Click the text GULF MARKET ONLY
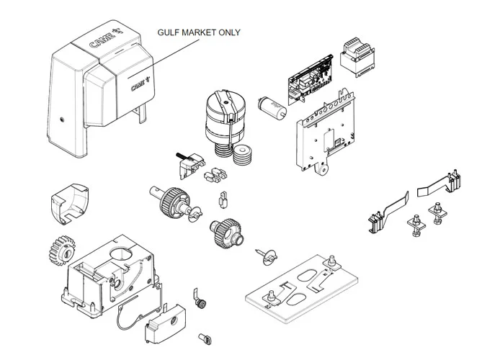coord(199,32)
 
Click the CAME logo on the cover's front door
coord(140,85)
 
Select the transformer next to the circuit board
coord(357,55)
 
